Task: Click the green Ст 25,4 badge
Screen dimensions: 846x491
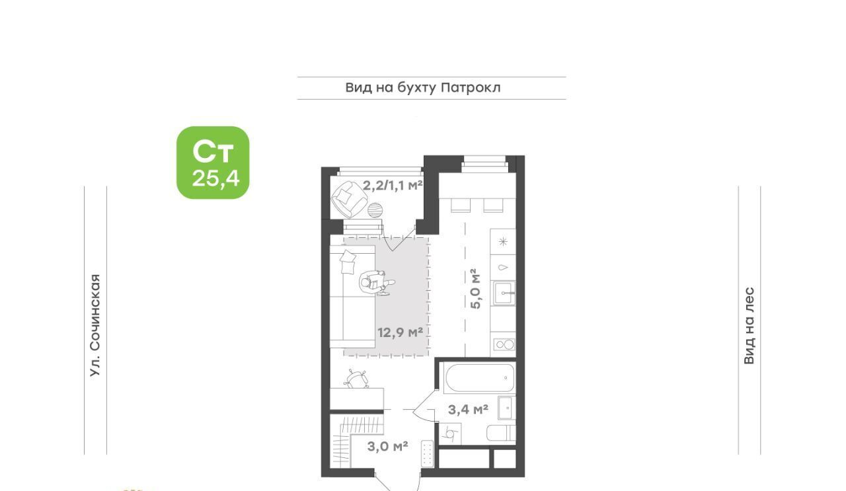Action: pos(213,163)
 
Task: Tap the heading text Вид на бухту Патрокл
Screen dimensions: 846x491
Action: pos(423,88)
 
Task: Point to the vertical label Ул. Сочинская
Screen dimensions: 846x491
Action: pos(96,325)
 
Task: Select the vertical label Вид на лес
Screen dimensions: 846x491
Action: pos(749,326)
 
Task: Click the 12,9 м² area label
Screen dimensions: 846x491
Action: pos(401,332)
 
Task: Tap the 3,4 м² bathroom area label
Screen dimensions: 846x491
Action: pos(468,409)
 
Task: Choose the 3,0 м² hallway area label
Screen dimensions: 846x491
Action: pos(387,447)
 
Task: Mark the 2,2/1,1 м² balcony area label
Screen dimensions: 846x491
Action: pos(393,186)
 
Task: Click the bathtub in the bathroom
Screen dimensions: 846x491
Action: pos(480,378)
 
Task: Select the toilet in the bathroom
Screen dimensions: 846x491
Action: pos(501,433)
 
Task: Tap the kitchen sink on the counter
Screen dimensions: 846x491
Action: pos(504,293)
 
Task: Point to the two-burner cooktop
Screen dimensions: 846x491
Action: pos(504,344)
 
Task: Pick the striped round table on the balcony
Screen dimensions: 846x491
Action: pos(375,210)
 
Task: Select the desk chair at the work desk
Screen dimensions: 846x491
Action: pos(356,379)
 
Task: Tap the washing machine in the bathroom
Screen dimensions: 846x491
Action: pos(450,434)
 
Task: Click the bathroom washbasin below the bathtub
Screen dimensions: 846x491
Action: pos(506,408)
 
